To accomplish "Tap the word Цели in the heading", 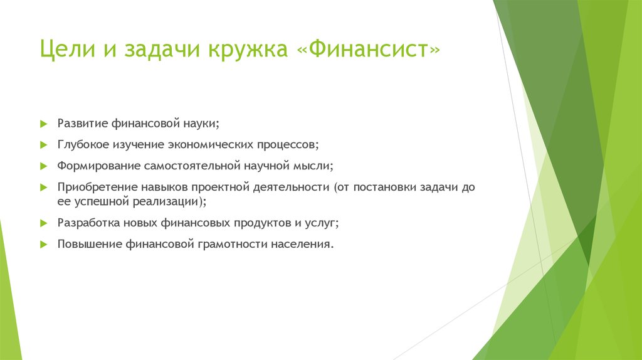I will pos(61,50).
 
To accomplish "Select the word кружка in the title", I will pos(246,50).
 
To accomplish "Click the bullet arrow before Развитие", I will pos(43,122).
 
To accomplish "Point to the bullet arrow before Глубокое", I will pos(43,145).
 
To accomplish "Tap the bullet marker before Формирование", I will pos(43,167).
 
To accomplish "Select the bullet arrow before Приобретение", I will pos(43,188).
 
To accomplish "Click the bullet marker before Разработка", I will pos(43,223).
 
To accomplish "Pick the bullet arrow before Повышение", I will pos(43,244).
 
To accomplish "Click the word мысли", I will pos(315,167).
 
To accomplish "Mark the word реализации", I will pos(169,202).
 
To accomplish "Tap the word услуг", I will pos(320,223).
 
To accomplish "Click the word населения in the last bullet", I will pos(303,244).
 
